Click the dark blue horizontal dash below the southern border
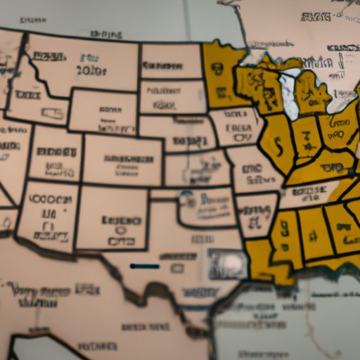(145, 266)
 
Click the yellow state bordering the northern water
(221, 74)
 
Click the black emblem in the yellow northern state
(218, 70)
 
